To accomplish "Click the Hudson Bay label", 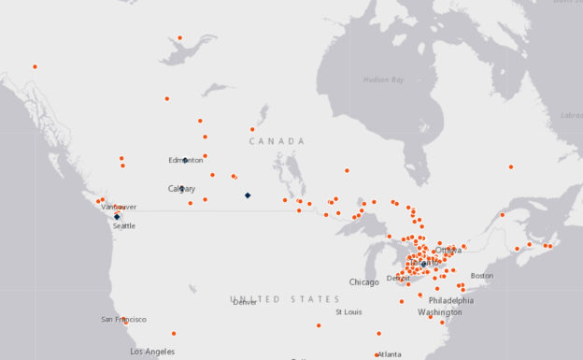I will coord(383,80).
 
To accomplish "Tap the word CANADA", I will coord(277,141).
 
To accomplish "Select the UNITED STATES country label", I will coord(285,299).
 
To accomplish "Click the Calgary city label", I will coord(181,189).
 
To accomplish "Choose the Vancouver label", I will coord(119,207).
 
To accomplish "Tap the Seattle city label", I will coord(123,225).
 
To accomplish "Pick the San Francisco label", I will coord(123,319).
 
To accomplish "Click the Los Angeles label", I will coord(151,352).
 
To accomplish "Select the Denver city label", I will coord(245,302).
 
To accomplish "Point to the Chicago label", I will coord(364,281).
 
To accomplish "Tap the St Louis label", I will coord(348,311).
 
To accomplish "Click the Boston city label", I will coord(482,275).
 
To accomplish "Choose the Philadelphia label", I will coord(451,300).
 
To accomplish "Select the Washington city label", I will coord(439,311).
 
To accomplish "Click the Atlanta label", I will coord(390,354).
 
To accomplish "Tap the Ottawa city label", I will coord(448,250).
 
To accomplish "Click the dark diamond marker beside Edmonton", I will coord(185,160).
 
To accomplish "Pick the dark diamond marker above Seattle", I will coord(117,216).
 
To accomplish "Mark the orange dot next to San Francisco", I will coord(125,321).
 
